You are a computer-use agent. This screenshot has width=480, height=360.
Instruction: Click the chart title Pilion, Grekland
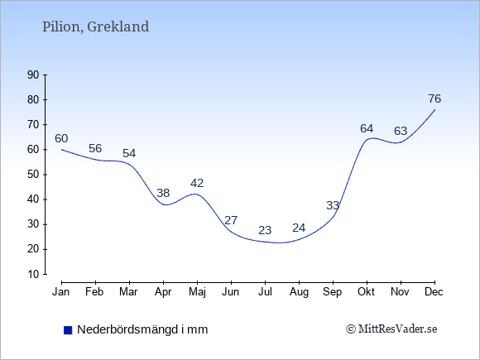[x=95, y=27]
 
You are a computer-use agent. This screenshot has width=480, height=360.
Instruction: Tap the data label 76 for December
[x=434, y=98]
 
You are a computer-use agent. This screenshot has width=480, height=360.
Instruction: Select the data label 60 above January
[x=61, y=139]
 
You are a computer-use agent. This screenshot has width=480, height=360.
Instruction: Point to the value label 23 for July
[x=265, y=230]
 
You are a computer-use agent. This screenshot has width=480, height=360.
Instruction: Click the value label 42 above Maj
[x=197, y=184]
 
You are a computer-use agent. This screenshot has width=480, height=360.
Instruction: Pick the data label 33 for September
[x=333, y=205]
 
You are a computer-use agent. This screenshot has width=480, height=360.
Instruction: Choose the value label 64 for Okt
[x=367, y=128]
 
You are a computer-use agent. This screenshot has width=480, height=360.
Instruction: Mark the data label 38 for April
[x=163, y=193]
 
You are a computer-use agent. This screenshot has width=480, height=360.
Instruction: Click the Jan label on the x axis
[x=61, y=292]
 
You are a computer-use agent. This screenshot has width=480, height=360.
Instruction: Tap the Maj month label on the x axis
[x=197, y=292]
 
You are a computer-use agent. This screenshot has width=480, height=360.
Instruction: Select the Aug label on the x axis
[x=299, y=293]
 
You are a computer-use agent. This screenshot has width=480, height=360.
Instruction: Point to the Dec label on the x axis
[x=434, y=292]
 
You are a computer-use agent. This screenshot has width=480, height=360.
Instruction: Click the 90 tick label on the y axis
[x=33, y=75]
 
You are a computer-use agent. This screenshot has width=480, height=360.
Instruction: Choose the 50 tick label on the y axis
[x=33, y=175]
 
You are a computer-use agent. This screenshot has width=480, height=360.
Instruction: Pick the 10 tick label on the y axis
[x=33, y=274]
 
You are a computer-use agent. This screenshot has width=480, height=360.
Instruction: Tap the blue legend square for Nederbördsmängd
[x=68, y=330]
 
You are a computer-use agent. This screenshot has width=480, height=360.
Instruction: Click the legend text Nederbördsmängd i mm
[x=142, y=329]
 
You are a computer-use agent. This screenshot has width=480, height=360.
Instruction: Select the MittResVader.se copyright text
[x=391, y=329]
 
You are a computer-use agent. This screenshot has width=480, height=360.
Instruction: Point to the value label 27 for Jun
[x=231, y=220]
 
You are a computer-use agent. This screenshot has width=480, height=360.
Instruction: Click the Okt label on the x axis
[x=366, y=292]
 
